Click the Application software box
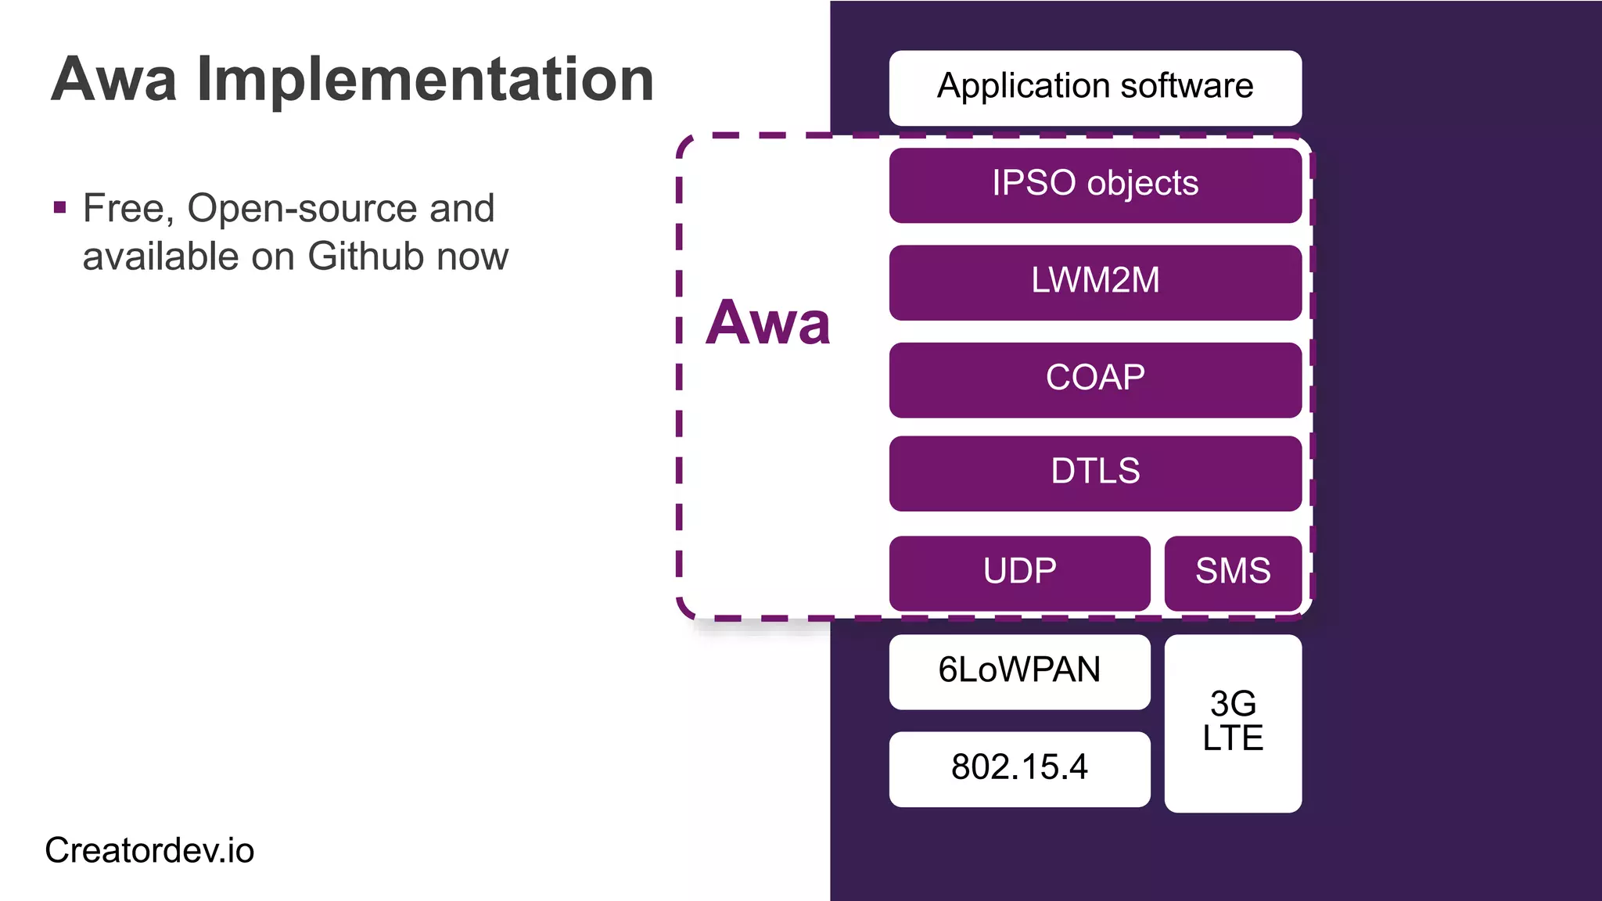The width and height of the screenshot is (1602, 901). [1095, 88]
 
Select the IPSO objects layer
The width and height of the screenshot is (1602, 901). [1095, 185]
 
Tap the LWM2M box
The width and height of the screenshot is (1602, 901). [1095, 282]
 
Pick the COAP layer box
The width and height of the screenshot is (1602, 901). [1095, 379]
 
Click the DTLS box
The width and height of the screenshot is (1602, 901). [1095, 472]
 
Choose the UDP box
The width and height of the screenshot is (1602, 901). [1019, 573]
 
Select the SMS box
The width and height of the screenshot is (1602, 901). [1233, 573]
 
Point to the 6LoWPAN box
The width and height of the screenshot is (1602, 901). [1019, 671]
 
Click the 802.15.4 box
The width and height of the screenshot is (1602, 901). [1019, 768]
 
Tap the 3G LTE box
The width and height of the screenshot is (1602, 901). [1233, 723]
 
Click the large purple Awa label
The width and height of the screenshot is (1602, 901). [767, 323]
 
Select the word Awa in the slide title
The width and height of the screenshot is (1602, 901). [114, 80]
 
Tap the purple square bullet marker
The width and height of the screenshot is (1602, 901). [60, 208]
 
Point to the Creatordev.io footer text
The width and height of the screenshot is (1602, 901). [149, 851]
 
